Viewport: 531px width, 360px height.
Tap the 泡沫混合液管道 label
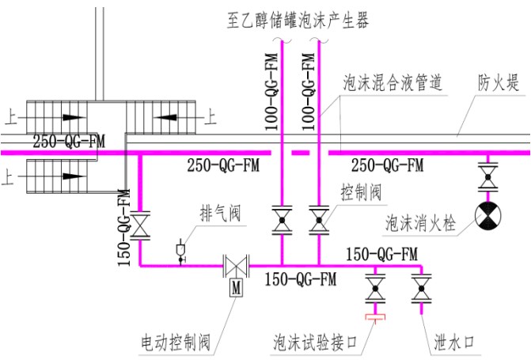[x=392, y=81]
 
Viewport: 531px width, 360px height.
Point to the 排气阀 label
[x=218, y=214]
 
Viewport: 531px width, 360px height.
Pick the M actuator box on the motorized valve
[x=235, y=288]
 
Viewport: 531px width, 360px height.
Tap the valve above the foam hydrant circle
[x=486, y=176]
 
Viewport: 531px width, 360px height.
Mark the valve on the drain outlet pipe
[x=421, y=290]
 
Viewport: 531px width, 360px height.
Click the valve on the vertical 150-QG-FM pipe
[x=141, y=225]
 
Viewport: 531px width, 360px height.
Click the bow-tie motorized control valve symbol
[x=235, y=265]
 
